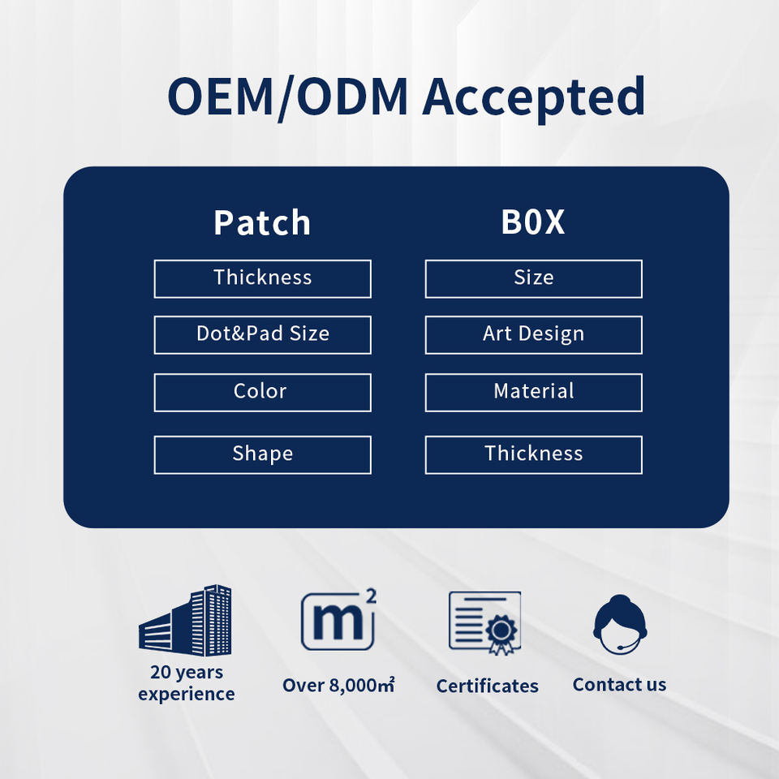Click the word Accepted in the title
point(533,98)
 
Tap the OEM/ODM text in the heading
point(288,97)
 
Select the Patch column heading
point(262,223)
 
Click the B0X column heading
point(533,223)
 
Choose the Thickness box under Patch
point(262,278)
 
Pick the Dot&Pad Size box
point(262,334)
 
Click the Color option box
point(262,392)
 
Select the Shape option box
point(262,454)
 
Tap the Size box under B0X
point(533,278)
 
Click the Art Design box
point(533,334)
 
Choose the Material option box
point(533,392)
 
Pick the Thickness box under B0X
point(533,454)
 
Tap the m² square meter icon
point(338,621)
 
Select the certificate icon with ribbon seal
point(485,622)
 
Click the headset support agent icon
point(620,624)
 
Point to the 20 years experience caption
point(186,683)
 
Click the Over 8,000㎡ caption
point(338,686)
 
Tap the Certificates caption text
point(487,686)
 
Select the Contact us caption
point(619,685)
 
